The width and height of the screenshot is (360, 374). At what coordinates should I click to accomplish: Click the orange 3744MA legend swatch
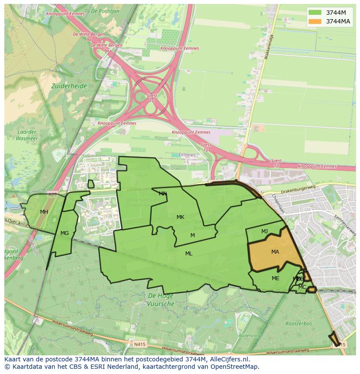[x=315, y=21]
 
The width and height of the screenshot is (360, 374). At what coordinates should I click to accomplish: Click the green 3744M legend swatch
[x=315, y=13]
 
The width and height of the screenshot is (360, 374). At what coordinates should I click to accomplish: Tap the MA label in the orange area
[x=275, y=252]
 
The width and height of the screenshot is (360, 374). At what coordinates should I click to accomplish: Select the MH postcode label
[x=44, y=212]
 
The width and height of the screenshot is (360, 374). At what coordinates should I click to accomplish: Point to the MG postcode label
[x=65, y=233]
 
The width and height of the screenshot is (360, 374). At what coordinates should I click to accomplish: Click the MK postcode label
[x=180, y=217]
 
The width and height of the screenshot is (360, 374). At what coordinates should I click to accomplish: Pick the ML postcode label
[x=189, y=254]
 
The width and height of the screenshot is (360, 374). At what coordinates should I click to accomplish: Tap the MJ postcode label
[x=264, y=232]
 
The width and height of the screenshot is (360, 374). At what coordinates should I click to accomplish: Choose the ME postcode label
[x=275, y=278]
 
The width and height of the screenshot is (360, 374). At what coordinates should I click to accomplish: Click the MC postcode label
[x=302, y=287]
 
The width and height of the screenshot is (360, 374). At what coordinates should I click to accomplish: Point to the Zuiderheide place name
[x=69, y=86]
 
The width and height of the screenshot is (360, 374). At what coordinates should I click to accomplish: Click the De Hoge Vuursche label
[x=160, y=300]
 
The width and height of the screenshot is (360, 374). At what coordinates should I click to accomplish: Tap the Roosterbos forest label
[x=298, y=324]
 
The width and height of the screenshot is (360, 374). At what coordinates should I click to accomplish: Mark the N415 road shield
[x=139, y=344]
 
